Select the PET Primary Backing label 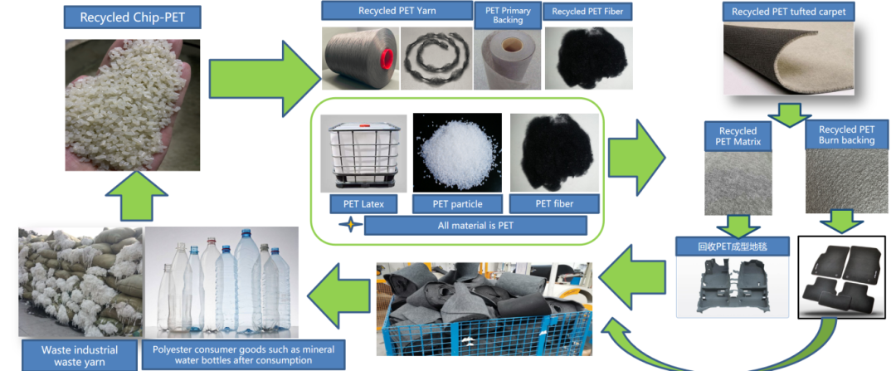pyautogui.click(x=507, y=15)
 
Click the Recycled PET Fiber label pyautogui.click(x=587, y=12)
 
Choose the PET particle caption pyautogui.click(x=456, y=203)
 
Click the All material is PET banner pyautogui.click(x=475, y=225)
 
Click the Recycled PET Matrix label pyautogui.click(x=738, y=136)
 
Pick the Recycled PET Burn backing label pyautogui.click(x=846, y=134)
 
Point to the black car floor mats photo pyautogui.click(x=846, y=278)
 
